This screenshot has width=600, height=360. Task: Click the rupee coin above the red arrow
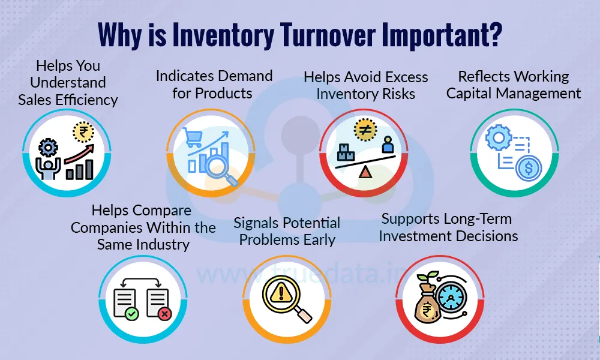coord(82,130)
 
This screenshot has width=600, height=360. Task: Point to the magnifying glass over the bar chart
coord(218,167)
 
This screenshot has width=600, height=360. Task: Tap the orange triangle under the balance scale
coord(365,173)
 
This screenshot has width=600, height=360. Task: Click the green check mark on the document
coord(131,313)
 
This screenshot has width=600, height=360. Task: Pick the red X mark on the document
coord(165,313)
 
